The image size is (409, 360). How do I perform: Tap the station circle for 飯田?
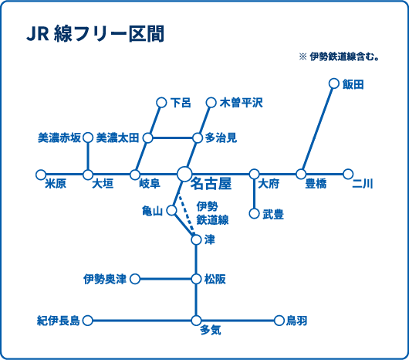(x=333, y=83)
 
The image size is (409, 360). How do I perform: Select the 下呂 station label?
(x=181, y=103)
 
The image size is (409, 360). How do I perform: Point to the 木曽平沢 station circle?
(x=211, y=103)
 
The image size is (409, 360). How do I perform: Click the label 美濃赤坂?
(x=59, y=138)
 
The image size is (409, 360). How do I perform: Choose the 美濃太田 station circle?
(x=148, y=138)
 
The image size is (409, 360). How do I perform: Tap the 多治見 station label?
(x=221, y=138)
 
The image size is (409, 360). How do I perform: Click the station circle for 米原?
(x=41, y=175)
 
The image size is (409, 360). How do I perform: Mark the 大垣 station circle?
(x=88, y=175)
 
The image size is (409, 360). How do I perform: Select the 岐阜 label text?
(x=150, y=184)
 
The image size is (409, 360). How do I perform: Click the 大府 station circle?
(x=255, y=174)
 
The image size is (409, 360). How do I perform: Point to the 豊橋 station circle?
(x=301, y=174)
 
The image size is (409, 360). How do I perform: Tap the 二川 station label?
(x=363, y=184)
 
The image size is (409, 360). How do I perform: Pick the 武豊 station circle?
(x=255, y=213)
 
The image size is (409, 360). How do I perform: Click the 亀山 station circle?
(x=171, y=210)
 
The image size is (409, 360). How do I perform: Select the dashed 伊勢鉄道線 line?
(x=187, y=213)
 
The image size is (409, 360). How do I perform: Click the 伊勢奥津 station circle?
(x=135, y=279)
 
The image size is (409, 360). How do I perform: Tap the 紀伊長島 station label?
(x=59, y=321)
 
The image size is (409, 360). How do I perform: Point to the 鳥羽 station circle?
(x=279, y=321)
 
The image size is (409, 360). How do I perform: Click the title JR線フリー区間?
(x=96, y=34)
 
